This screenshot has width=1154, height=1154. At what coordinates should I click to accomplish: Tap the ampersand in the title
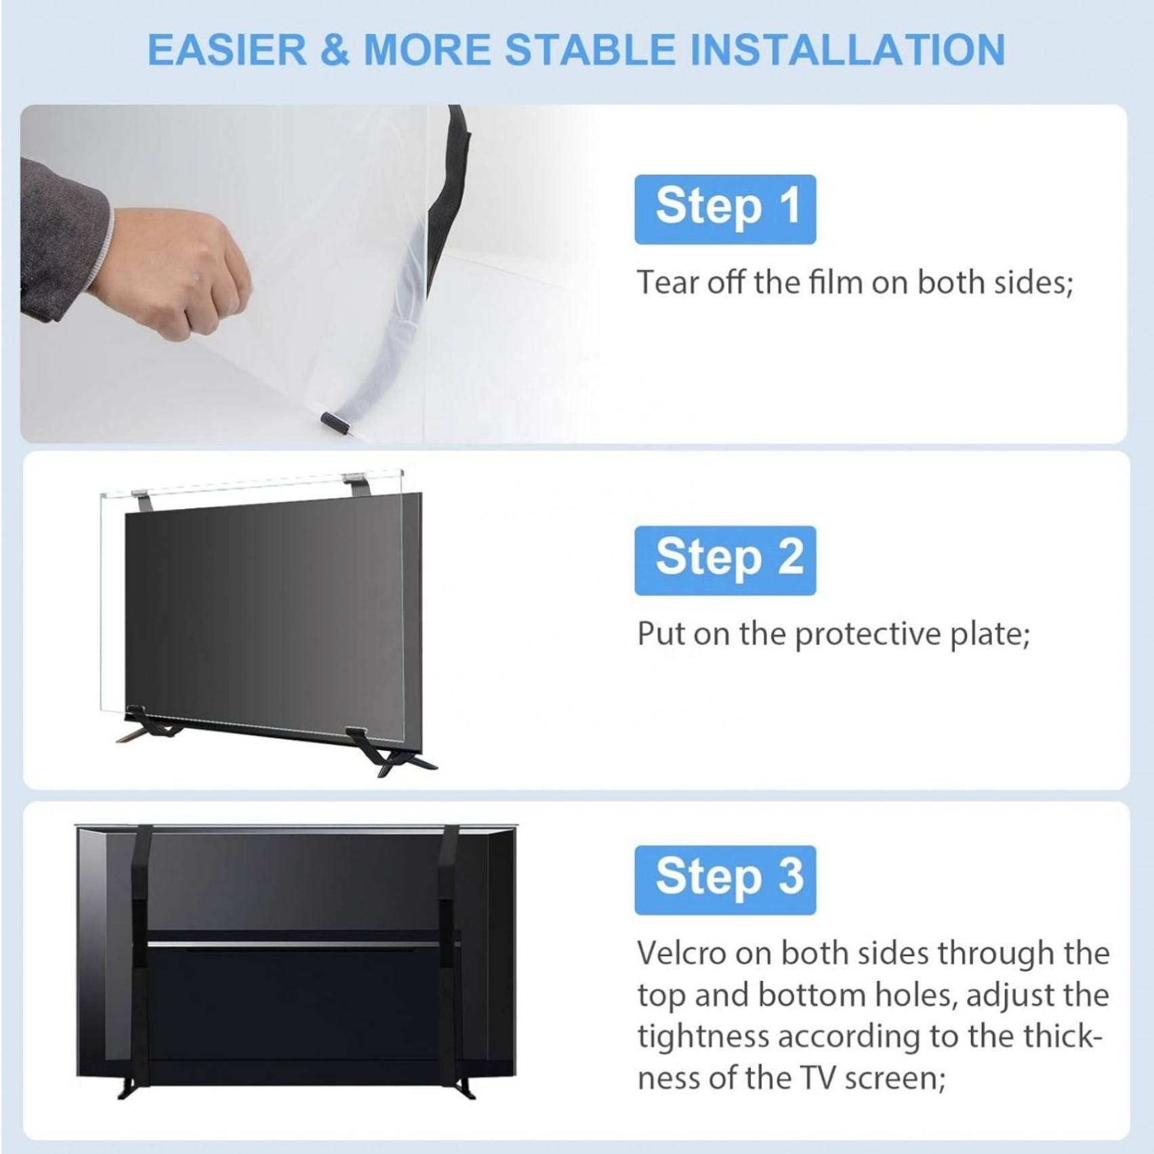tap(335, 50)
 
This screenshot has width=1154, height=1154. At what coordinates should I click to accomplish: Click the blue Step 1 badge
tap(725, 209)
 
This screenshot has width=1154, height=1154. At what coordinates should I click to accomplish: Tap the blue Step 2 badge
tap(725, 560)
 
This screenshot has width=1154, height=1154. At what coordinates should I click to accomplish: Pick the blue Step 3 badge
tap(725, 880)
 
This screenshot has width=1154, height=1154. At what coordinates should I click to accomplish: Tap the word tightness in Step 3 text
tap(702, 1037)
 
